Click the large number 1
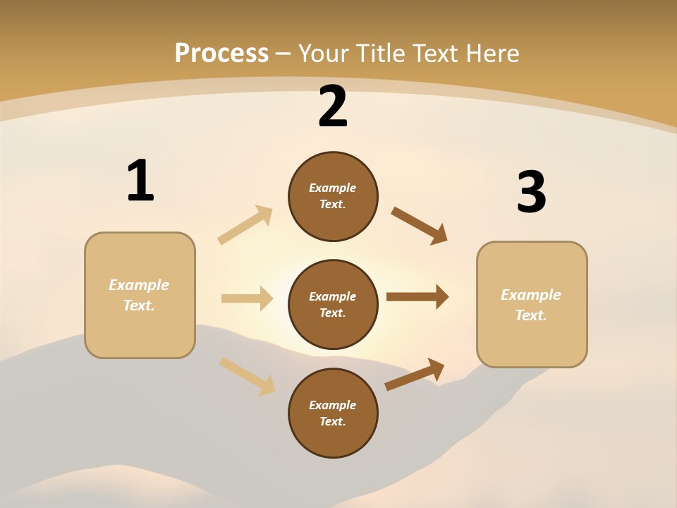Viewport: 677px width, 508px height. coord(140,181)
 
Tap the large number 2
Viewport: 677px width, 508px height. coord(333,107)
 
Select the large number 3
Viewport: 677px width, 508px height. coord(531,193)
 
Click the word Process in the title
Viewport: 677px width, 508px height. coord(221,53)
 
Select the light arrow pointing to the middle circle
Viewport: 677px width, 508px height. coord(247,298)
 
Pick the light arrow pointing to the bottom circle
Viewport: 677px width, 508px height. coord(247,375)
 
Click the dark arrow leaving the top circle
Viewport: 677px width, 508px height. coord(419,226)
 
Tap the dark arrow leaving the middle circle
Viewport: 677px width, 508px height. coord(417,297)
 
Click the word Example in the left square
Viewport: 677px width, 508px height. coord(139,285)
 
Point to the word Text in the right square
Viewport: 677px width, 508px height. coord(530,315)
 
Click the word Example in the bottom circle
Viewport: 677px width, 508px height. coord(332,405)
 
